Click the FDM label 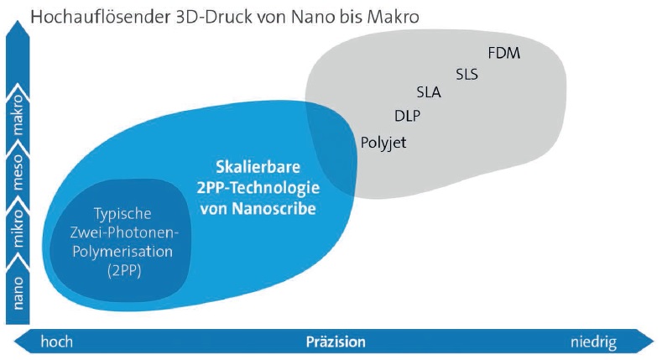pyautogui.click(x=503, y=53)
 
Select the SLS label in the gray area pyautogui.click(x=467, y=75)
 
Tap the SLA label pyautogui.click(x=429, y=92)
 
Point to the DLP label pyautogui.click(x=407, y=116)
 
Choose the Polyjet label pyautogui.click(x=383, y=143)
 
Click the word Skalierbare pyautogui.click(x=258, y=167)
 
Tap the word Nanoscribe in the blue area pyautogui.click(x=274, y=208)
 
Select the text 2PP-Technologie pyautogui.click(x=258, y=188)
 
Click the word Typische pyautogui.click(x=122, y=214)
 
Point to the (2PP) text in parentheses pyautogui.click(x=124, y=270)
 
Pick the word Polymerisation pyautogui.click(x=122, y=252)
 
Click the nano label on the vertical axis pyautogui.click(x=18, y=294)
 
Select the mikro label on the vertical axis pyautogui.click(x=18, y=228)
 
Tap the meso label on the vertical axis pyautogui.click(x=18, y=172)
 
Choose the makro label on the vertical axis pyautogui.click(x=18, y=114)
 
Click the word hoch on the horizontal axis pyautogui.click(x=56, y=342)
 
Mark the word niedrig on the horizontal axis pyautogui.click(x=593, y=342)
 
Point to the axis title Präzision pyautogui.click(x=336, y=342)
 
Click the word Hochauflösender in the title pyautogui.click(x=101, y=18)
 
